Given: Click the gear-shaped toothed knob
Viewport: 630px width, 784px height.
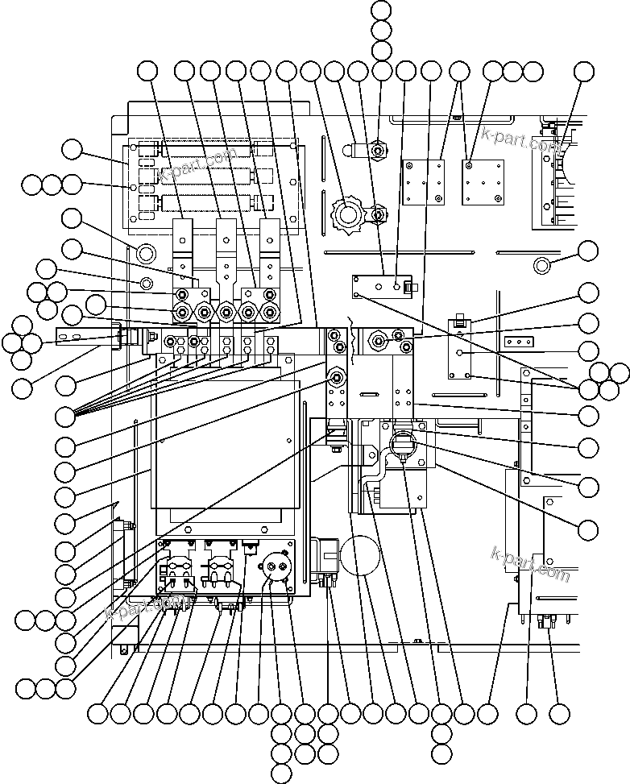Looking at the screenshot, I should click(x=347, y=214).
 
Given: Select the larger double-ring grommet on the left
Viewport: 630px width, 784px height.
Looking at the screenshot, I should click(x=146, y=254).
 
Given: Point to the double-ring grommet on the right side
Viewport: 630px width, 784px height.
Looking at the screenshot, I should click(x=541, y=265).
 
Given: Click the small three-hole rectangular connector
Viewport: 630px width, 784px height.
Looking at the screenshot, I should click(x=519, y=342).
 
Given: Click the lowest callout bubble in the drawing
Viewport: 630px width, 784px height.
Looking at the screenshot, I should click(x=281, y=774).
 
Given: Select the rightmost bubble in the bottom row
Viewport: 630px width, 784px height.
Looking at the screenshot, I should click(x=559, y=713).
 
